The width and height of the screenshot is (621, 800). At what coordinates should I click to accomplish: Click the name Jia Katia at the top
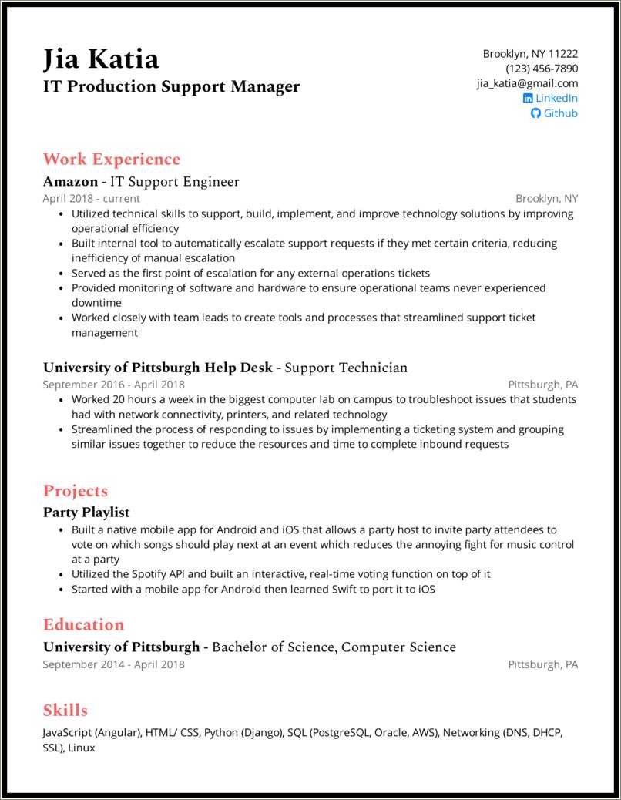point(101,59)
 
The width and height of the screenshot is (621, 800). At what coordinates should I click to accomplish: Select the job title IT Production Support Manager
point(171,86)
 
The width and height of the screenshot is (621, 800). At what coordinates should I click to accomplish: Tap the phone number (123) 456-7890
point(542,69)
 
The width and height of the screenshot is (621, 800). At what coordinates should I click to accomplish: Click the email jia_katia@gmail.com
point(527,83)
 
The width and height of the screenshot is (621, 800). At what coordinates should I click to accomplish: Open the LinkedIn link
point(556,98)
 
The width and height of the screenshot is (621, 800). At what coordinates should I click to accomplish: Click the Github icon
point(536,113)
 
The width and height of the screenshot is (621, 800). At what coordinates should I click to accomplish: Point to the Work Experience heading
point(112,160)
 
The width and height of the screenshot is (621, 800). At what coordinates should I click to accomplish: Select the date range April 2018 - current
point(91,198)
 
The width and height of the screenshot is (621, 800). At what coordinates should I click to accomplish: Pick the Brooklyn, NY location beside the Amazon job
point(546,198)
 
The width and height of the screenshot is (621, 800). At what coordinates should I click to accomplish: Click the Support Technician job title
point(346,368)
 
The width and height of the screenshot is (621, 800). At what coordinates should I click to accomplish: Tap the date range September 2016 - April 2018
point(113,384)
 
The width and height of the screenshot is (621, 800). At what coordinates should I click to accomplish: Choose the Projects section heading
point(76,491)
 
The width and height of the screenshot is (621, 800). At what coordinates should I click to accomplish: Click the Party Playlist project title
point(86,512)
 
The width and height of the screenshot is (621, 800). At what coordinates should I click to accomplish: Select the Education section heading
point(83,624)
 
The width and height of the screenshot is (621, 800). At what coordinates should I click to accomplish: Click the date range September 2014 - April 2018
point(113,664)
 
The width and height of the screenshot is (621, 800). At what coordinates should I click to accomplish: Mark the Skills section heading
point(65,710)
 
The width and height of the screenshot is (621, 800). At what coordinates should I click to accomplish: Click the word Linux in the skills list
point(81,748)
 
